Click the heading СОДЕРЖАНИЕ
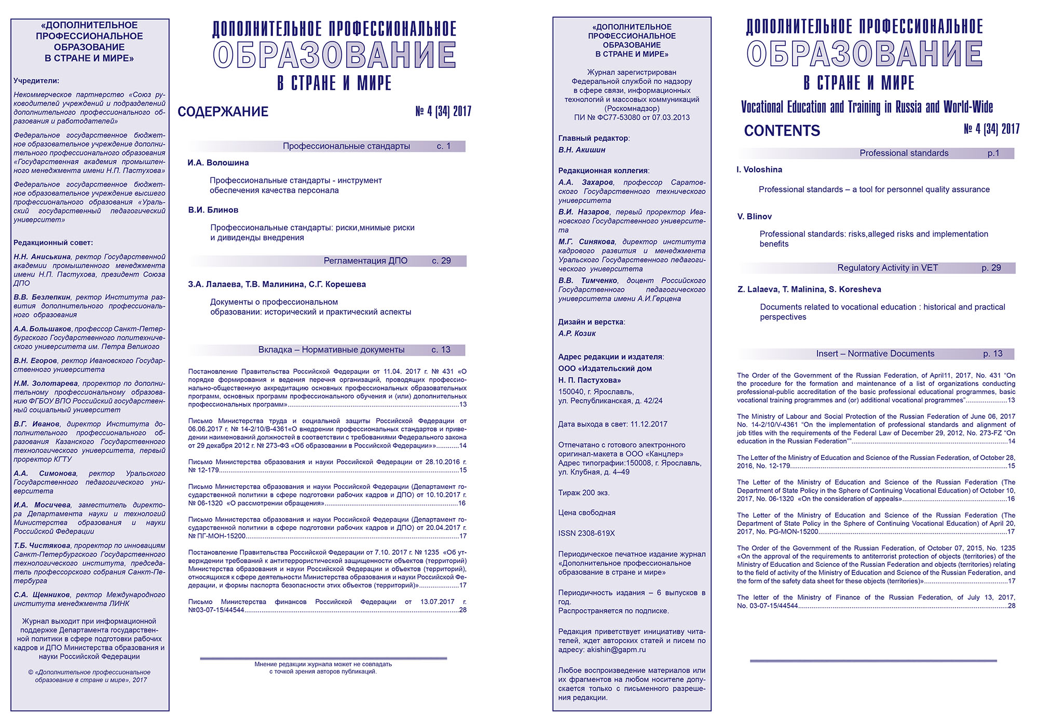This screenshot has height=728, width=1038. (x=223, y=111)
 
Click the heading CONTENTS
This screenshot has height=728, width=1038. (x=782, y=131)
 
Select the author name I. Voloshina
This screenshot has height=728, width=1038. (x=759, y=170)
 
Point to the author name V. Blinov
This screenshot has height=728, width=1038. (x=754, y=216)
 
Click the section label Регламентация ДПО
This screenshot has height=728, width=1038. (x=365, y=261)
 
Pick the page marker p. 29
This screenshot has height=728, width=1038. (x=991, y=268)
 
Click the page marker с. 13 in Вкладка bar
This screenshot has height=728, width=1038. (x=441, y=350)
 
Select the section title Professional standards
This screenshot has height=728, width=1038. (x=904, y=153)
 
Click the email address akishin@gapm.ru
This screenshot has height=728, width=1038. (x=616, y=650)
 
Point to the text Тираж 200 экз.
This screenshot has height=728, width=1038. (x=584, y=493)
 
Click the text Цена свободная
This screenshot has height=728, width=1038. (x=586, y=512)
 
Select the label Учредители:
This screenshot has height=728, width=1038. (x=36, y=81)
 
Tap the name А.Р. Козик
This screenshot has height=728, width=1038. (x=577, y=333)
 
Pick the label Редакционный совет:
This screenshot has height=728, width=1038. (x=53, y=243)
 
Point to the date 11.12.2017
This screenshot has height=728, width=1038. (x=649, y=424)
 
